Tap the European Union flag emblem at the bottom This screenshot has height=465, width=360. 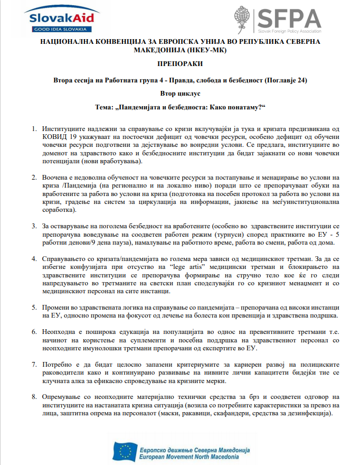click(x=126, y=450)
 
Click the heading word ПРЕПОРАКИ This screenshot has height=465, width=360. click(x=179, y=64)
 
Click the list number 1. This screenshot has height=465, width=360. click(x=34, y=129)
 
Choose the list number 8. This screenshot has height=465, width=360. click(x=34, y=396)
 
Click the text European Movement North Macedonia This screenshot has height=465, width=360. click(x=194, y=455)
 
